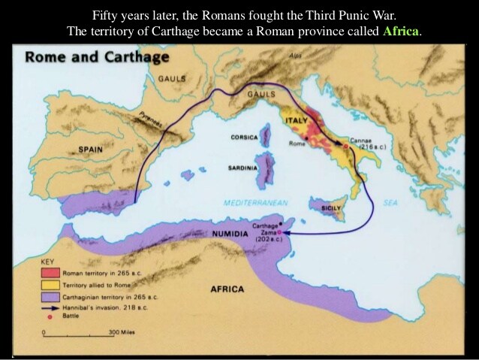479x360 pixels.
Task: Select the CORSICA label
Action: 244,138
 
